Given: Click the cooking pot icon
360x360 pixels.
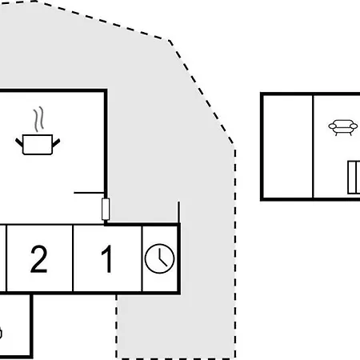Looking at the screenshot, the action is [x=38, y=144].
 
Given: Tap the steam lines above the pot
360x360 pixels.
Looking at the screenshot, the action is [x=38, y=119].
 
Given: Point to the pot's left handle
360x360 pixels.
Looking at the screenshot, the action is [x=19, y=142].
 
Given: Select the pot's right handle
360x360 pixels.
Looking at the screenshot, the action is [x=56, y=142].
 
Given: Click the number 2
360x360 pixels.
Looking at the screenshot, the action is [x=39, y=259].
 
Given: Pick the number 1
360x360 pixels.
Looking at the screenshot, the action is [x=107, y=259].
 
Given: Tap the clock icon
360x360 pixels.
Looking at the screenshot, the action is [x=159, y=258].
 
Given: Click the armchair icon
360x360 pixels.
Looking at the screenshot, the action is [x=343, y=127].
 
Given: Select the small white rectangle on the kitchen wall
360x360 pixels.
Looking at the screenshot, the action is [x=106, y=210].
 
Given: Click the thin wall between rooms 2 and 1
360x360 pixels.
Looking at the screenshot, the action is [x=73, y=258].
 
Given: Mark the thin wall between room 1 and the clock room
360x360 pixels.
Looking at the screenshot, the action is [x=142, y=258].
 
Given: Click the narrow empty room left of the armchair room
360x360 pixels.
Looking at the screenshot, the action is [x=288, y=146].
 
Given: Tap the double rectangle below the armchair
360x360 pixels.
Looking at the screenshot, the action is [x=354, y=178].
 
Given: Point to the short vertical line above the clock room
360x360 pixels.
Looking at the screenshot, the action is [x=178, y=213].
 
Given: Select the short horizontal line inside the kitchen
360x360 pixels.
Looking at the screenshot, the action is [x=89, y=192].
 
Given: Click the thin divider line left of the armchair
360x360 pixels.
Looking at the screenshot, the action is [x=313, y=146].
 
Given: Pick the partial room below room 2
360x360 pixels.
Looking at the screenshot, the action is [x=15, y=326].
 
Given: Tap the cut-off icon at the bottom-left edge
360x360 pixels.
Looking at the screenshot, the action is [x=1, y=334].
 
